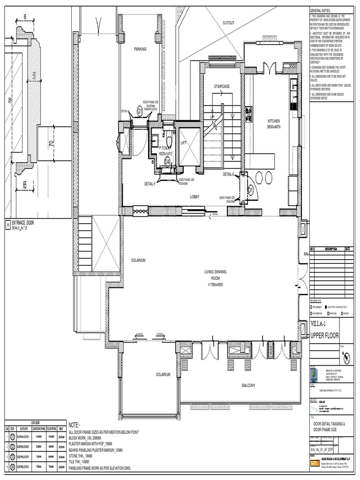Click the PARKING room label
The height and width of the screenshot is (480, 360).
pos(140,49)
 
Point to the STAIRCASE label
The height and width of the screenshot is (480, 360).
pos(222,86)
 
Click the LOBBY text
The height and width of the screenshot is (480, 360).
pos(195,197)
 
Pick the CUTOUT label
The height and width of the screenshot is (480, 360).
pos(229,22)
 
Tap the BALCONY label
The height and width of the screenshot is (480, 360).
pos(248,385)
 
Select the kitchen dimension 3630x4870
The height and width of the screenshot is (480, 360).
pos(276,127)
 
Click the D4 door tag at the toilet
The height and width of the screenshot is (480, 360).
pos(168,162)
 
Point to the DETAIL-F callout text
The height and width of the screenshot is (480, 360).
pos(150,184)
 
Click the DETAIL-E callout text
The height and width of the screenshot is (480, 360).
pos(229,174)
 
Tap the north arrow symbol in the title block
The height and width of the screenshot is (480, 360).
pos(347,358)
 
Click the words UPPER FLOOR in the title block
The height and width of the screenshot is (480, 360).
pos(324,336)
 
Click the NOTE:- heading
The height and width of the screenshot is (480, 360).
pos(78,424)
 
